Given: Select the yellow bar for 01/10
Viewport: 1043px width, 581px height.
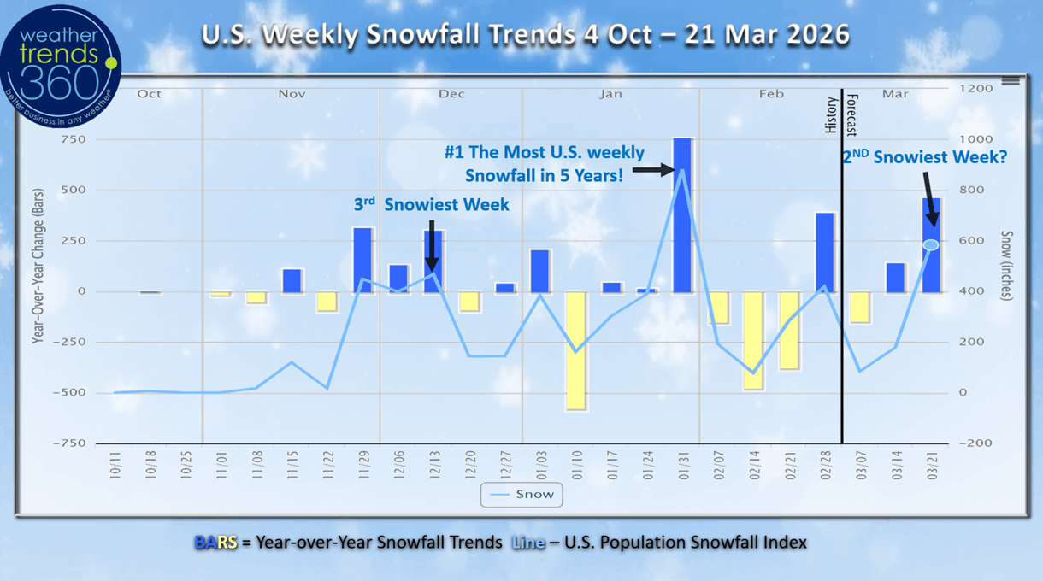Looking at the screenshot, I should tap(575, 350).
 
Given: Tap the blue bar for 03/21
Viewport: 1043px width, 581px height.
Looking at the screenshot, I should tap(931, 245).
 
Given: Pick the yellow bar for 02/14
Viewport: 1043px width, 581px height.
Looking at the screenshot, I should tap(753, 340).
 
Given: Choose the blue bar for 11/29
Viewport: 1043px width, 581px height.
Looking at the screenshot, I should tap(362, 259).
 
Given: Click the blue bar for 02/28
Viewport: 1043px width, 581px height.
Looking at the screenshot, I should tap(825, 252).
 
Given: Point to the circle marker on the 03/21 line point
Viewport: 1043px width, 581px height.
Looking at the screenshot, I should tap(931, 245).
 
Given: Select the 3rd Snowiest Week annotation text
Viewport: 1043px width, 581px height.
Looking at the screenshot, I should tap(432, 205).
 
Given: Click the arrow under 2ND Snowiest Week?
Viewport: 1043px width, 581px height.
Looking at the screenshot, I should tap(929, 198).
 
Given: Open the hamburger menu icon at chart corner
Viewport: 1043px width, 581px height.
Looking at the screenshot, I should tap(1011, 80).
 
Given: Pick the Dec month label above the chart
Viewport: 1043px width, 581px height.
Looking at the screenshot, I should tap(451, 94).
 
